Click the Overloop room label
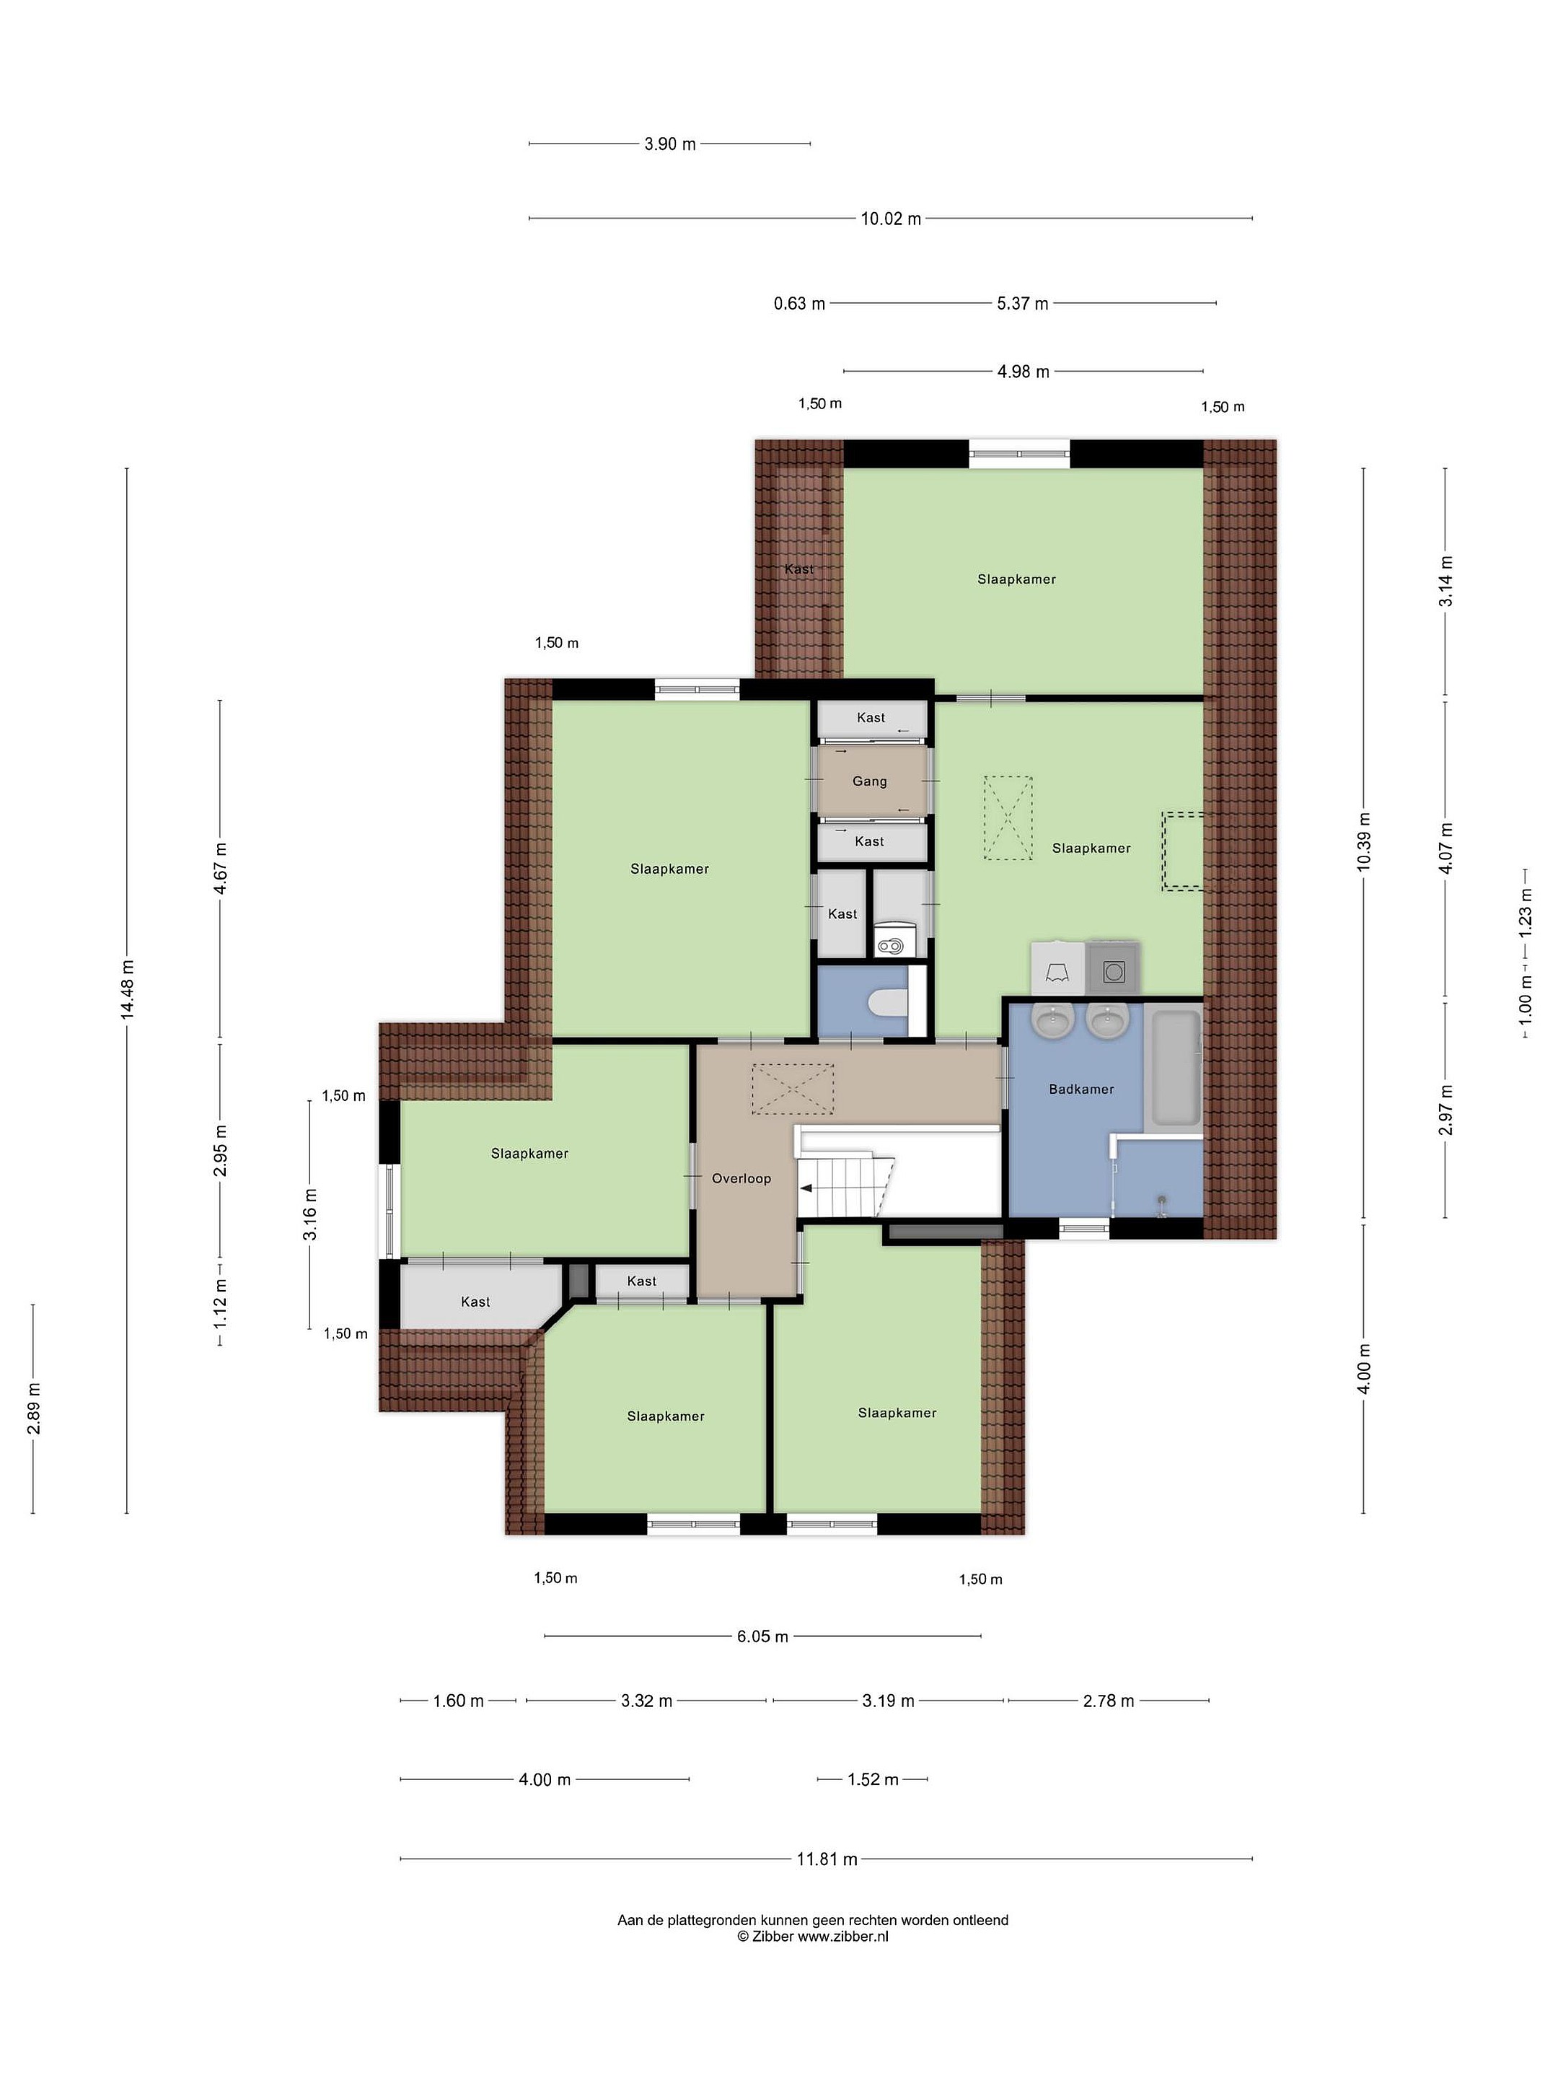point(741,1178)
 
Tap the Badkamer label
point(1081,1089)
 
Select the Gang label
point(870,781)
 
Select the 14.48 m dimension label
point(128,988)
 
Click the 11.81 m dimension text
point(827,1858)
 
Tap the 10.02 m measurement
point(892,219)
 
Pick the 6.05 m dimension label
point(762,1636)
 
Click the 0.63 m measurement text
point(799,304)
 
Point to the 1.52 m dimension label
point(873,1779)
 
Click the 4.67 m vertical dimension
point(221,871)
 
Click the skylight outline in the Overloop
point(793,1090)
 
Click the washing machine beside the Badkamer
point(1113,968)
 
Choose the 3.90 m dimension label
point(669,144)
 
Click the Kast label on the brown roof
point(798,569)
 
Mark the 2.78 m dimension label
point(1108,1701)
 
